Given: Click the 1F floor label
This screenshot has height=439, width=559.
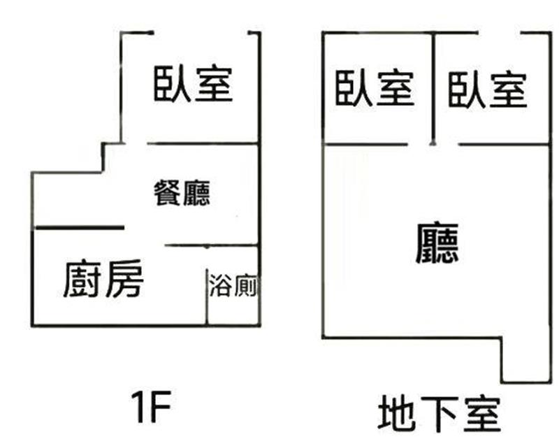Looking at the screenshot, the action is [151, 407].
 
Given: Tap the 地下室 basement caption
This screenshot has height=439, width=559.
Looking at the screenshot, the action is [440, 415].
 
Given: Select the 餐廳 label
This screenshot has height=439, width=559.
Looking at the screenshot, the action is [182, 193].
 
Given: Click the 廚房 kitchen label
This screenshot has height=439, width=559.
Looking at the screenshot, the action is [103, 279].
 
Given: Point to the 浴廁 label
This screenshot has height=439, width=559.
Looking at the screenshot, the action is [233, 285].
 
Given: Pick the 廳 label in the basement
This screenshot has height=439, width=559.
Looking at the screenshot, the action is [437, 243].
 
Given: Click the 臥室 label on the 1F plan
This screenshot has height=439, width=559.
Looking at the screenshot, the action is [194, 84].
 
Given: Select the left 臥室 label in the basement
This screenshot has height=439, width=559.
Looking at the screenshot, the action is [375, 88].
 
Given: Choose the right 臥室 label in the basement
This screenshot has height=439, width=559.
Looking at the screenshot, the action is [487, 89].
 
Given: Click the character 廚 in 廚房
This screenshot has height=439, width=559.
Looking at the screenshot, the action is [82, 279].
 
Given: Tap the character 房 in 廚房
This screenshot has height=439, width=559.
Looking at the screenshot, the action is [125, 279].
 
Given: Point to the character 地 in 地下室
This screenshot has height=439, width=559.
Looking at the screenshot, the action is [397, 415].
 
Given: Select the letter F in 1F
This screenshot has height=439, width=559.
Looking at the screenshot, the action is [161, 407].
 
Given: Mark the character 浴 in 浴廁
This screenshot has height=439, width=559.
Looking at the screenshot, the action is [220, 285].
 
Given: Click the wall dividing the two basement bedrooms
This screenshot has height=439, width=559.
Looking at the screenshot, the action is [433, 89].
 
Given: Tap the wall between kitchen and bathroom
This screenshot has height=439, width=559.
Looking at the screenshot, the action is [206, 296].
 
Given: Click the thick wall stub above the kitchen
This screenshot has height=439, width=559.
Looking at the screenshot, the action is [79, 227].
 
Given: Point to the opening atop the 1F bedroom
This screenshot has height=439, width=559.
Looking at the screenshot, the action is [201, 33].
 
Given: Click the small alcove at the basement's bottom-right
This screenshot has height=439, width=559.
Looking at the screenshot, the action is [525, 360].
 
